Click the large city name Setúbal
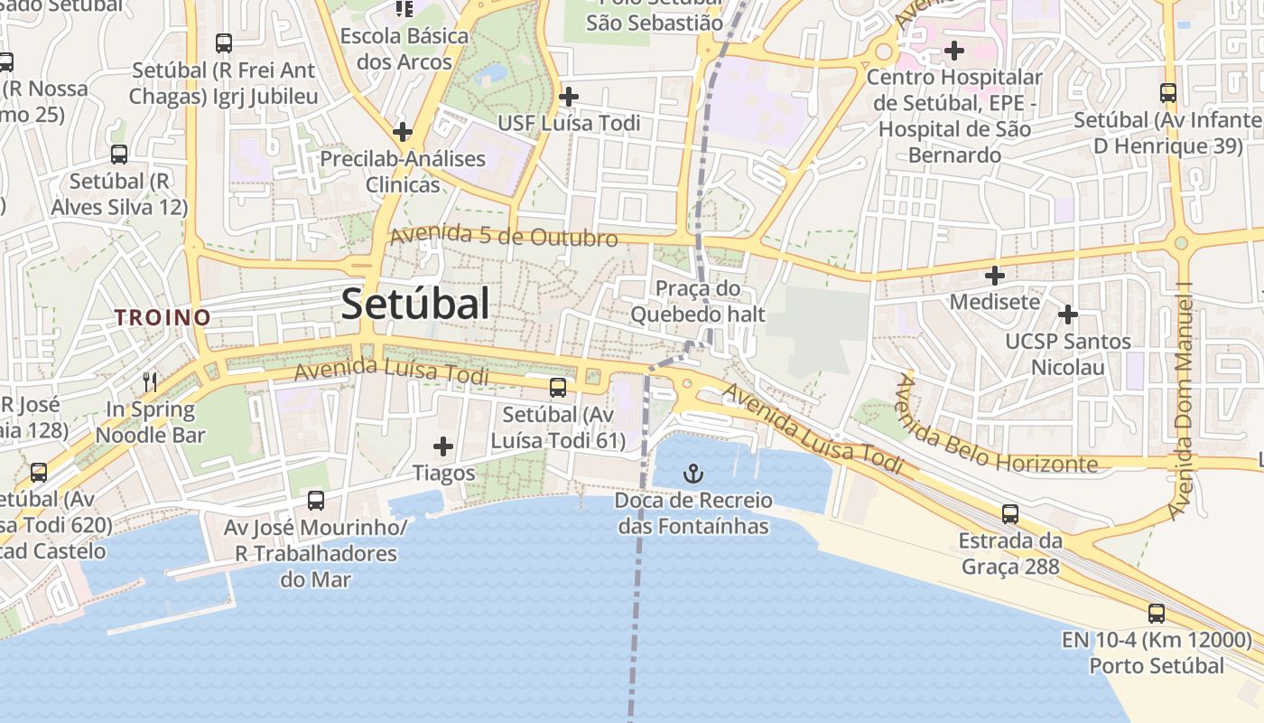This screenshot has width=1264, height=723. [x=415, y=304]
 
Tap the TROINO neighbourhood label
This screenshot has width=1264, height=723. [x=163, y=317]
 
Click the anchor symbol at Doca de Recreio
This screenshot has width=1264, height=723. [x=692, y=474]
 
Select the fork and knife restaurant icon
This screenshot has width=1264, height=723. [x=150, y=382]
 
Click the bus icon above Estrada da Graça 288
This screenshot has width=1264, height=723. [x=1010, y=514]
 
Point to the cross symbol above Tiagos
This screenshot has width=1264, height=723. [x=443, y=446]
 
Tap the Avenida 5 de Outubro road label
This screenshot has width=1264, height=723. [x=504, y=236]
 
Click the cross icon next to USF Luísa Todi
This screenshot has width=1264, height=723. [x=569, y=97]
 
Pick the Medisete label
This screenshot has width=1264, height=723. [x=995, y=301]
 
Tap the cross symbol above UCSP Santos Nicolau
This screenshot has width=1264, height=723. [x=1068, y=315]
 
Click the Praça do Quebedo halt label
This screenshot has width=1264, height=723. [x=697, y=302]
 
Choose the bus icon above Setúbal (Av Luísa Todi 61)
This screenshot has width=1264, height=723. [x=558, y=388]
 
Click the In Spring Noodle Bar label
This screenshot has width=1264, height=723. [x=150, y=422]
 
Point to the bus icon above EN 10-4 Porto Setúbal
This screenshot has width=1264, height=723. [x=1157, y=614]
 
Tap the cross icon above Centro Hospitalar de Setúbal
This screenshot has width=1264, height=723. [x=954, y=50]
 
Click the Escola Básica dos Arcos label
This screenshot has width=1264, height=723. [x=404, y=49]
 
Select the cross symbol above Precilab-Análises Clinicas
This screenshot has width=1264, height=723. [x=403, y=132]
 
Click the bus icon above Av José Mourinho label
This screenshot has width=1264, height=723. [x=316, y=500]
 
